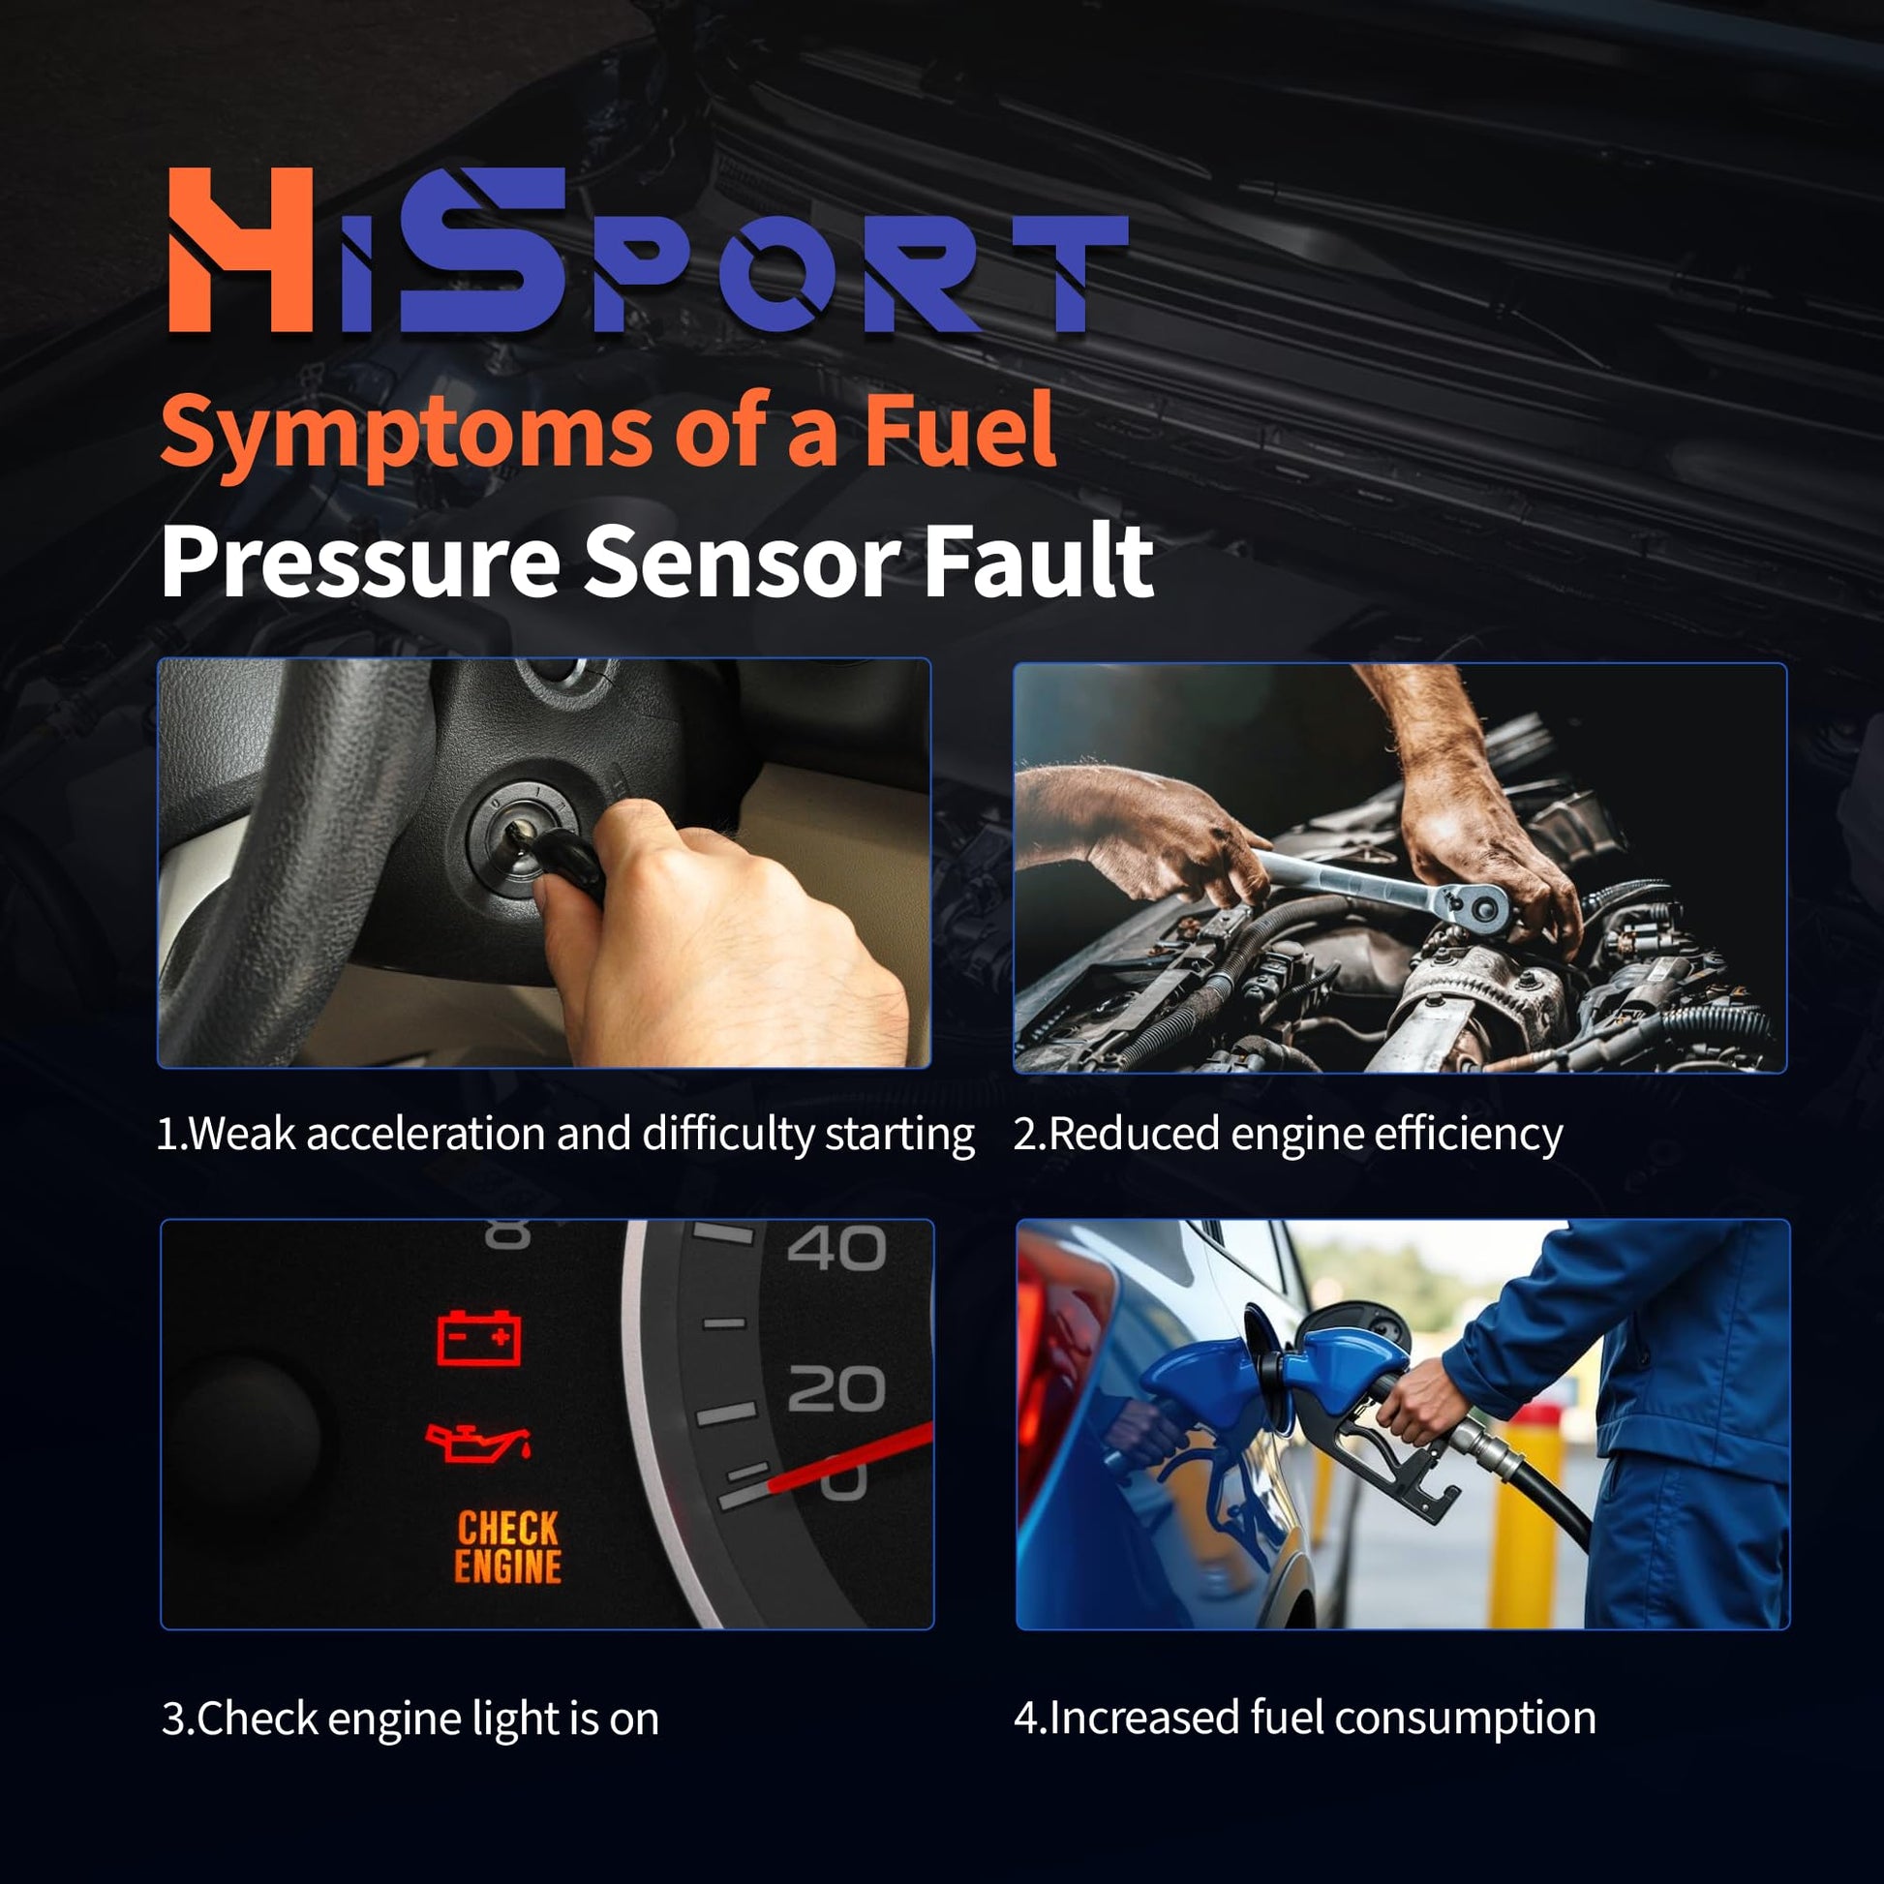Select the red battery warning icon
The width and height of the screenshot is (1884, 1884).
(x=478, y=1337)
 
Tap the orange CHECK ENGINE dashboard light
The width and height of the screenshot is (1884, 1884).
(x=508, y=1546)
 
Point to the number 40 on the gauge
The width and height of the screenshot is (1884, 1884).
(x=836, y=1247)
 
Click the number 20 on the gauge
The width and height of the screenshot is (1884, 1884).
(x=836, y=1388)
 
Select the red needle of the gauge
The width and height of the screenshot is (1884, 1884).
(x=848, y=1457)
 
